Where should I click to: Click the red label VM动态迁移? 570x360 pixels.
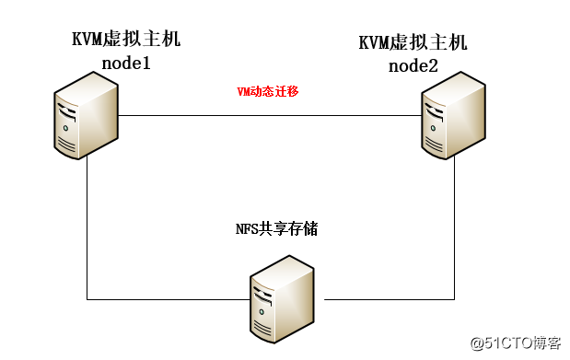[267, 91]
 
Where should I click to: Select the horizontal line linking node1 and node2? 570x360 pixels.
[267, 116]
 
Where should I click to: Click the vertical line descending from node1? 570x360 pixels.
[87, 230]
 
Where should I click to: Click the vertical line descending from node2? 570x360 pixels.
[454, 230]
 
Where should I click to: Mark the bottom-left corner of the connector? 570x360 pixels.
[87, 299]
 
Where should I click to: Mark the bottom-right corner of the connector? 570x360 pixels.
[454, 299]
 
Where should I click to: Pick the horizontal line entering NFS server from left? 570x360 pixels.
[166, 299]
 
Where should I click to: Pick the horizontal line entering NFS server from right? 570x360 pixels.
[387, 299]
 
